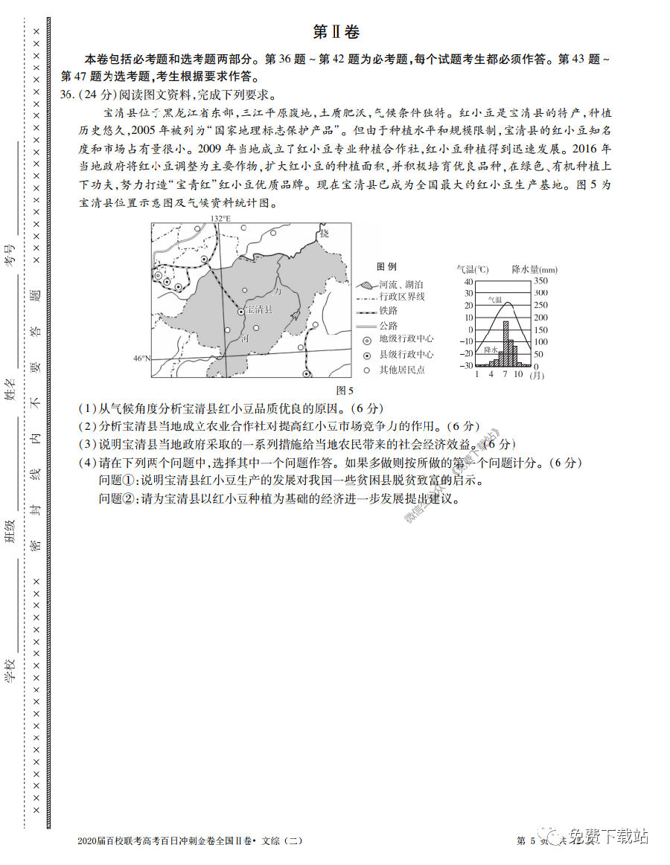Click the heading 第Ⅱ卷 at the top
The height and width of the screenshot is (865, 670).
pos(336,32)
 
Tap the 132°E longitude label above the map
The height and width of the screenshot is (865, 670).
pos(220,218)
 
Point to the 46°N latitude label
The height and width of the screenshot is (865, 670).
pos(141,358)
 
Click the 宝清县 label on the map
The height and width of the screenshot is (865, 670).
pos(259,309)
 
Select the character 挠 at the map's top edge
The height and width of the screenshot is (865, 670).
pos(323,233)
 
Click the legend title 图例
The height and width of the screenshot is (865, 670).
pos(386,266)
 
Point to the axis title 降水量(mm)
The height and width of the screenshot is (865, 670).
pos(535,268)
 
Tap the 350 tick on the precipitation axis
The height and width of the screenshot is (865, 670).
pos(540,280)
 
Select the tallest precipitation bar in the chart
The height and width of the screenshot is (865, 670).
pos(506,343)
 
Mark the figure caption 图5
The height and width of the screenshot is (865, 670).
pos(345,389)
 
